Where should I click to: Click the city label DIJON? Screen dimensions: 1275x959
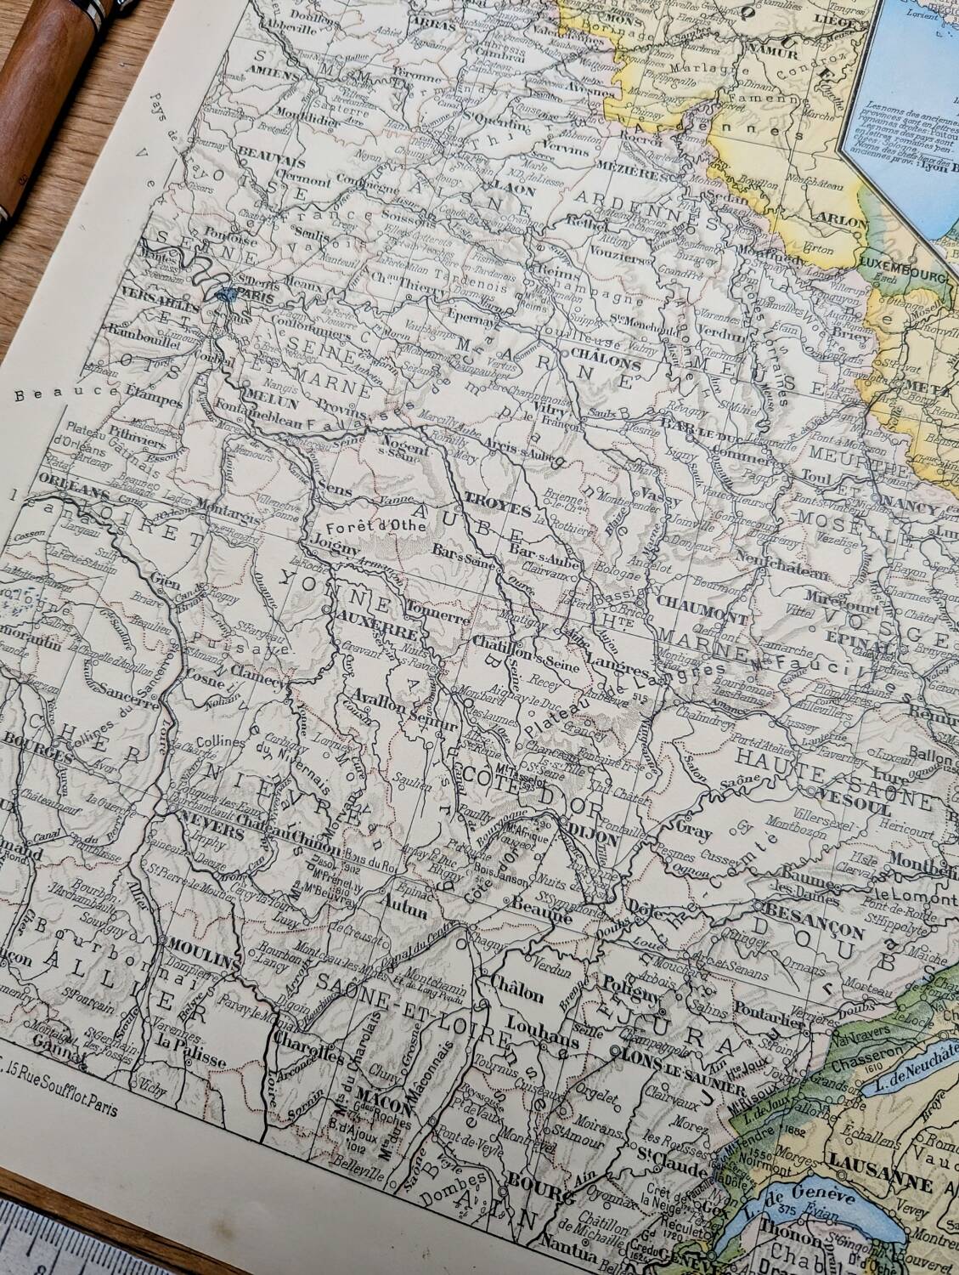tap(595, 836)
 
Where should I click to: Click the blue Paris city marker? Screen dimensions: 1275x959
tap(223, 295)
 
